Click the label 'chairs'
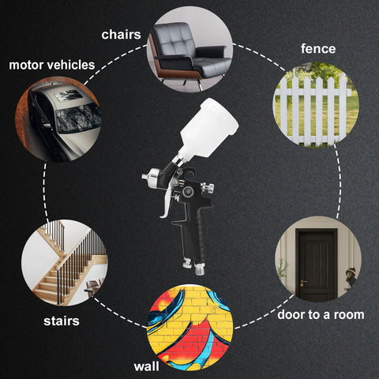point(121,35)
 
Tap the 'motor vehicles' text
point(52,65)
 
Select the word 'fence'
point(318,49)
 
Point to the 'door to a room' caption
point(321,314)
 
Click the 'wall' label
point(146,366)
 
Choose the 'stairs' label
point(62,321)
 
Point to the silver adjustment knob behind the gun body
point(208,189)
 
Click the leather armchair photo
point(189,50)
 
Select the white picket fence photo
point(316,105)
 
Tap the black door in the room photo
point(316,265)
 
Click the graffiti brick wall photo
point(189,327)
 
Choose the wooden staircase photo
point(65,262)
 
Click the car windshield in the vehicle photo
point(78,118)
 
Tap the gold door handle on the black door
point(302,283)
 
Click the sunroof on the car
point(69,95)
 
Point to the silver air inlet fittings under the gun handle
point(194,266)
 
